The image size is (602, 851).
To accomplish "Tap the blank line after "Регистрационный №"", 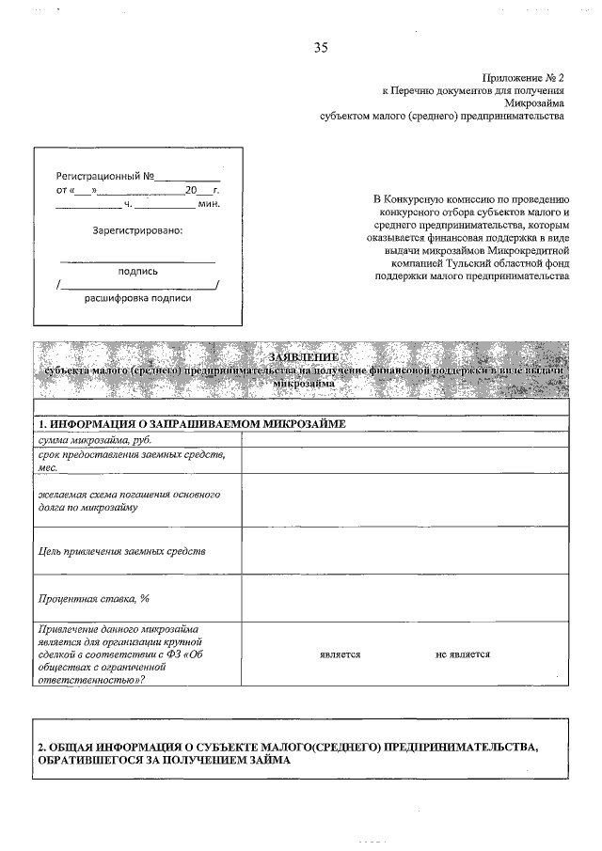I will [x=187, y=176].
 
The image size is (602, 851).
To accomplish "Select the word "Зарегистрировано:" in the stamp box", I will [x=137, y=230].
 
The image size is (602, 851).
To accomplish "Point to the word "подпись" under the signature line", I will [x=137, y=271].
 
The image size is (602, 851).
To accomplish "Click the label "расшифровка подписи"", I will [x=137, y=298].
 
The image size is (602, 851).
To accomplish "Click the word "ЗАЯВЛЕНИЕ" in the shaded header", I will [x=301, y=356].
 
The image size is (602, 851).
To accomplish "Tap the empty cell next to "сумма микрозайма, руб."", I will [x=405, y=439].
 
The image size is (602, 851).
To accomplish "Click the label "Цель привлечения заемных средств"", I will [x=121, y=550].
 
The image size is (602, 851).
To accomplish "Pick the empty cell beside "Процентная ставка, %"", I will [x=405, y=597].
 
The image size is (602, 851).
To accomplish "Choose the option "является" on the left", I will [x=341, y=654].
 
